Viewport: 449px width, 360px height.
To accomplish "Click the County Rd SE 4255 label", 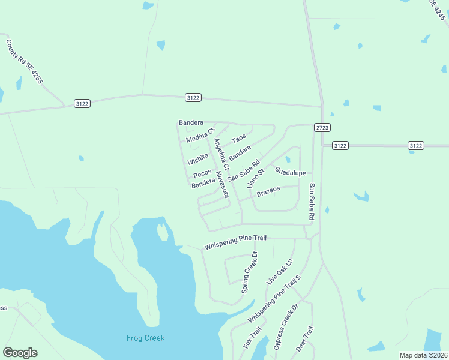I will click(24, 61).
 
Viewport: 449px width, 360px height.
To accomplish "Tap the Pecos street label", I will click(202, 173).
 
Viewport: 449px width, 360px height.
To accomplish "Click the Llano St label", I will click(256, 179).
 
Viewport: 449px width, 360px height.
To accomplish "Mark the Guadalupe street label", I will click(291, 172).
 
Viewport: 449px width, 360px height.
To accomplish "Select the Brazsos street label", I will click(268, 192).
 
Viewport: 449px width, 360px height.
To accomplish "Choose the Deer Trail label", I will click(304, 339).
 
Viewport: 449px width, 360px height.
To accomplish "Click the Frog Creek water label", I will click(145, 338).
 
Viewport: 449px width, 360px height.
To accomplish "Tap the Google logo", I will click(20, 353).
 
